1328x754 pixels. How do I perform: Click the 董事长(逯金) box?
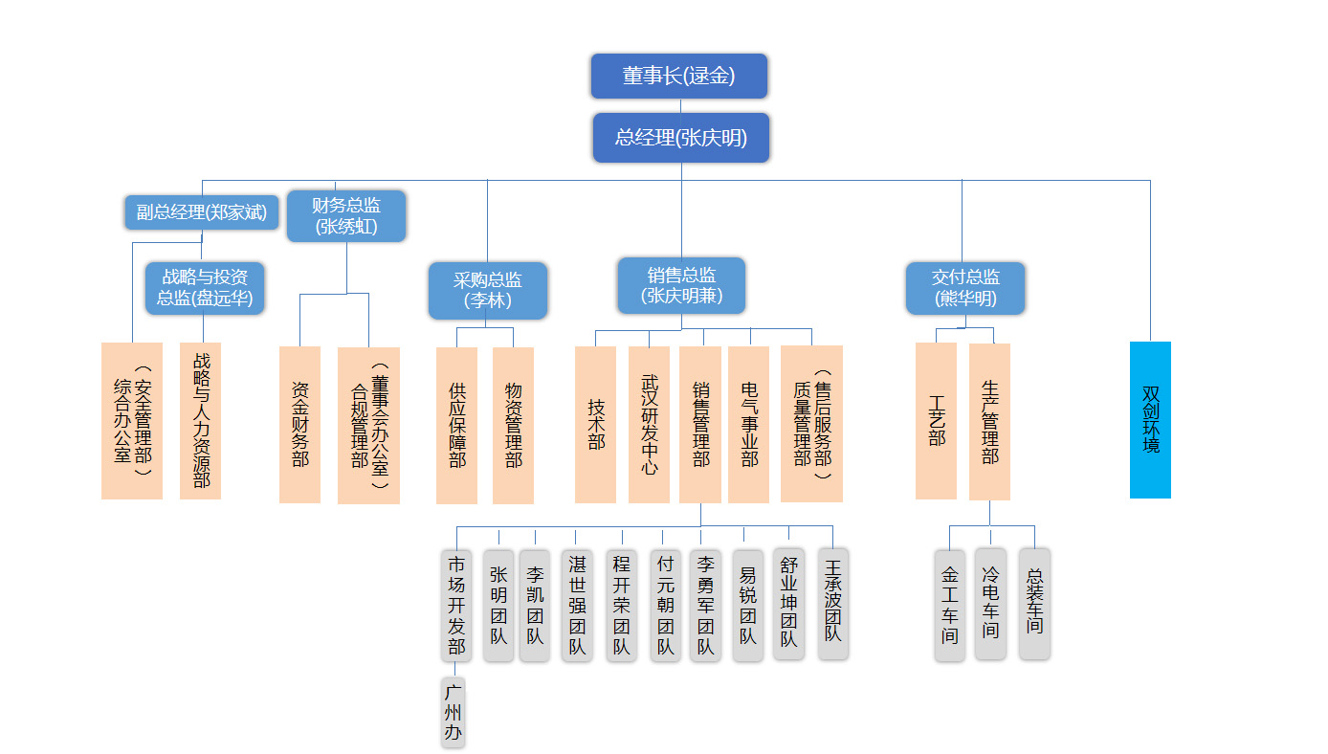pyautogui.click(x=679, y=76)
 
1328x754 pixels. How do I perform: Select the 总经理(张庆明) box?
pyautogui.click(x=680, y=137)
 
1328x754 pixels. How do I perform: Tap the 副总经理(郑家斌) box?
pyautogui.click(x=201, y=212)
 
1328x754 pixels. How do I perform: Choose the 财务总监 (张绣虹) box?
pyautogui.click(x=346, y=215)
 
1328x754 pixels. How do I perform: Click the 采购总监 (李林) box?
pyautogui.click(x=487, y=290)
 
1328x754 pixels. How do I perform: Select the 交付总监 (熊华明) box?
pyautogui.click(x=964, y=288)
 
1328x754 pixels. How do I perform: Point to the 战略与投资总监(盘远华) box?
pyautogui.click(x=205, y=287)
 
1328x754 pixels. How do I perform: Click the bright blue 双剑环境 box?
pyautogui.click(x=1150, y=419)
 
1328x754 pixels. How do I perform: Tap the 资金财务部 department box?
pyautogui.click(x=299, y=424)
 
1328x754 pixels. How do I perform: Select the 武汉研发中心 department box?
pyautogui.click(x=649, y=424)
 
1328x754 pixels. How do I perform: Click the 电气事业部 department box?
pyautogui.click(x=748, y=424)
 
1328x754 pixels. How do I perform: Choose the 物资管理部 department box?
pyautogui.click(x=513, y=425)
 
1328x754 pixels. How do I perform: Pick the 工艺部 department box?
pyautogui.click(x=936, y=421)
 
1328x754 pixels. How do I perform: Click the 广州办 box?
pyautogui.click(x=453, y=712)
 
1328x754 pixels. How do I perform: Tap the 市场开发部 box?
pyautogui.click(x=456, y=604)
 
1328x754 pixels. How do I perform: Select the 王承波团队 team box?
pyautogui.click(x=832, y=603)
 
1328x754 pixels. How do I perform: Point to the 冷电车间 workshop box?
pyautogui.click(x=990, y=603)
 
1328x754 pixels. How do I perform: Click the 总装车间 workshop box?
pyautogui.click(x=1034, y=603)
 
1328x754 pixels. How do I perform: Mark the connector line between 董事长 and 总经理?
pyautogui.click(x=680, y=105)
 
